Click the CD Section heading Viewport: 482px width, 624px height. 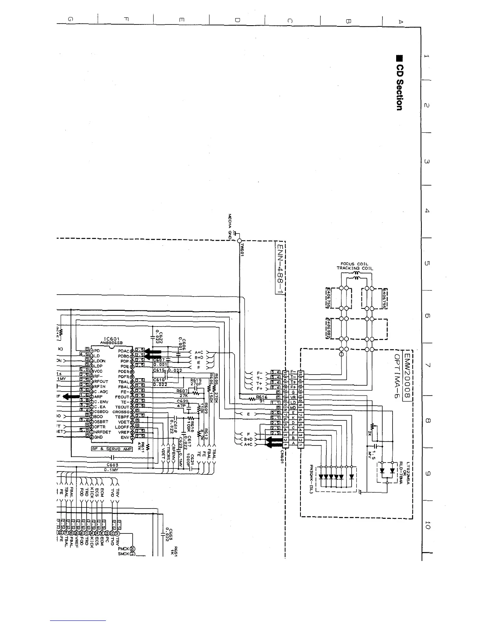pos(399,83)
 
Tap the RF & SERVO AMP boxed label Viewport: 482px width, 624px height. pos(112,449)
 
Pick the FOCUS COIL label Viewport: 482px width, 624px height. pos(354,264)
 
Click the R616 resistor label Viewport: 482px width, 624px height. pos(261,397)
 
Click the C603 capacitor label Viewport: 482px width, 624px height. pos(112,465)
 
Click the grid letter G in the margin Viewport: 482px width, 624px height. pos(70,19)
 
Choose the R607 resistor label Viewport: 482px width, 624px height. pos(182,391)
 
